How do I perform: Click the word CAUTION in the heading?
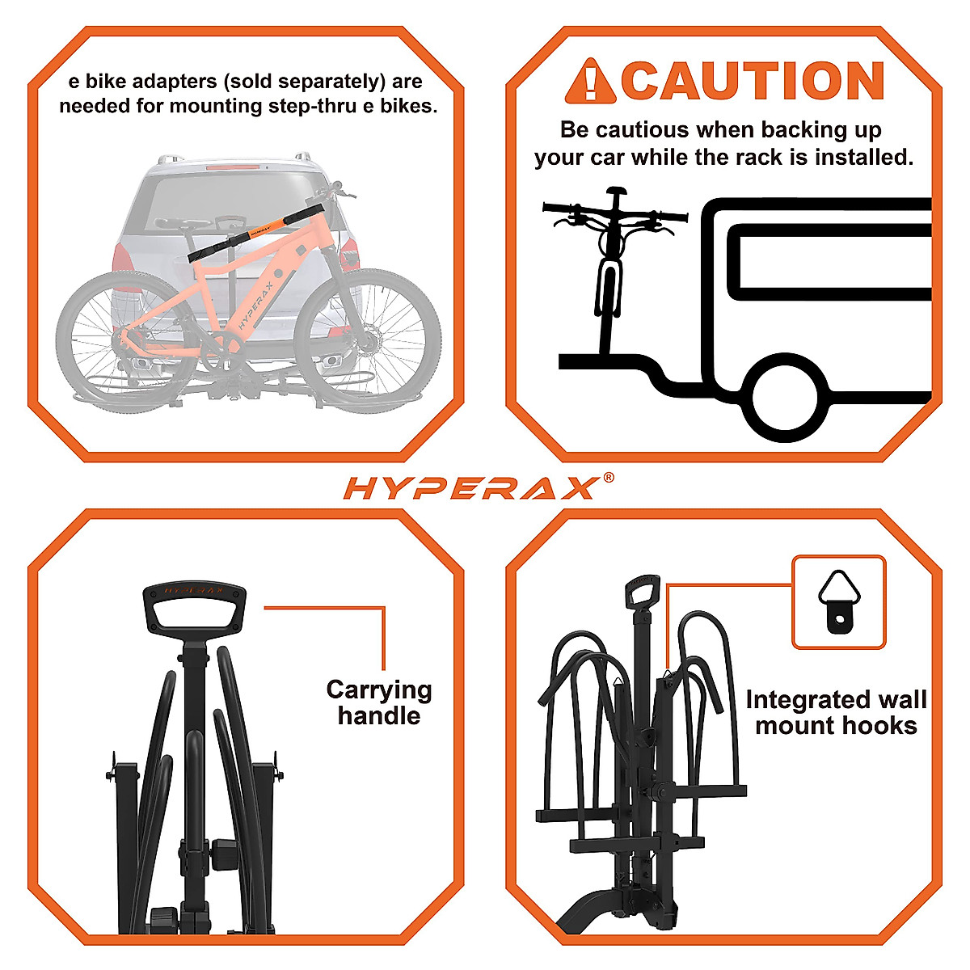point(752,81)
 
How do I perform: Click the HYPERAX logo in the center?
point(470,488)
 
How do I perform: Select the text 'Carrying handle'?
point(379,702)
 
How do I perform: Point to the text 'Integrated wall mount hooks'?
point(836,712)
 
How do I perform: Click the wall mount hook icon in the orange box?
point(839,601)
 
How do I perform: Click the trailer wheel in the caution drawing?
point(786,400)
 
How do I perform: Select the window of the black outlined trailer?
point(829,260)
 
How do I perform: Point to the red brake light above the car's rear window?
point(234,167)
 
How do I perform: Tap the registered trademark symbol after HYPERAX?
point(608,478)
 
